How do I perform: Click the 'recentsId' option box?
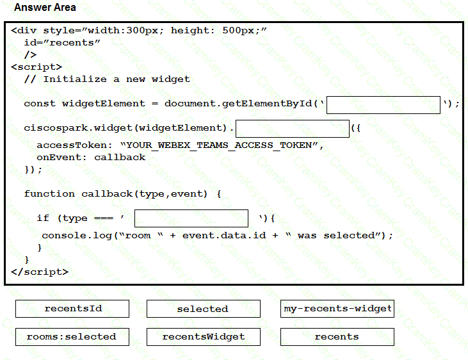[x=72, y=309]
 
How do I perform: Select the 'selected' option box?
[x=203, y=309]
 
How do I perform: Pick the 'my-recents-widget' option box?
[x=337, y=309]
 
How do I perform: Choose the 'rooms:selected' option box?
[x=72, y=337]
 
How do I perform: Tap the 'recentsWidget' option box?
[x=203, y=337]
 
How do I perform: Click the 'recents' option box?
[x=337, y=337]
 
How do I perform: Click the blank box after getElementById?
[x=383, y=105]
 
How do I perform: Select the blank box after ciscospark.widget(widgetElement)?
[x=293, y=129]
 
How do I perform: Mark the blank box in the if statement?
[x=191, y=218]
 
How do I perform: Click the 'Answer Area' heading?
[x=45, y=7]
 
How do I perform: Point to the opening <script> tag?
[x=36, y=67]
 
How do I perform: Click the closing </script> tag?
[x=40, y=272]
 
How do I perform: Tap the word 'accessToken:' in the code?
[x=75, y=145]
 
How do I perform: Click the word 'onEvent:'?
[x=62, y=158]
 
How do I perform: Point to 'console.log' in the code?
[x=77, y=236]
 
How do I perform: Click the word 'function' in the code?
[x=49, y=194]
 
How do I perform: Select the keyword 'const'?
[x=40, y=104]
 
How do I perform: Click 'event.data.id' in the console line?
[x=224, y=236]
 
